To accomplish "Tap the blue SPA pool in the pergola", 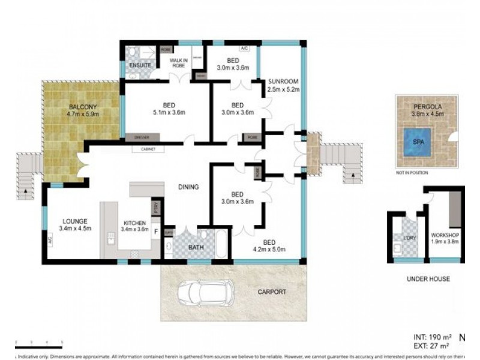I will click(x=418, y=142).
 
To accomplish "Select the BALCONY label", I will click(x=83, y=107).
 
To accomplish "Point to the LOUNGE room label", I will click(x=74, y=221).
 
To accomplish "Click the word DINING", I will click(x=188, y=187).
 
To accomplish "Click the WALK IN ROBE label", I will click(x=179, y=62).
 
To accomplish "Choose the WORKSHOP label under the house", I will click(x=445, y=235).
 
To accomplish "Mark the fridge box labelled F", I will click(x=156, y=231).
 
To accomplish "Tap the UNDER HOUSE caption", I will click(x=428, y=279).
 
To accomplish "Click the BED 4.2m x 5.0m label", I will click(x=269, y=245).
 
